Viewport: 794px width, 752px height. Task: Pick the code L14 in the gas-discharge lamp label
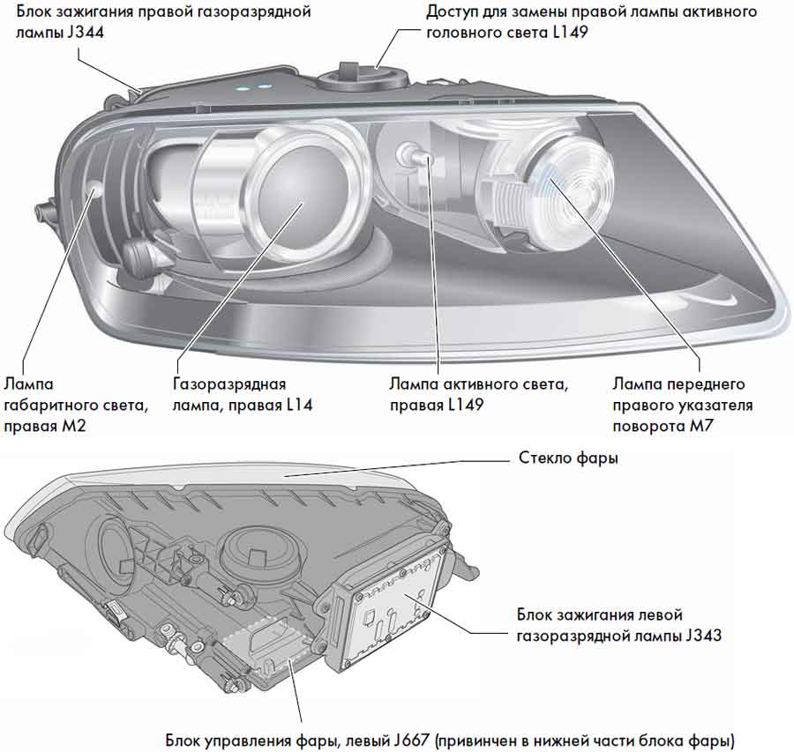[x=295, y=406]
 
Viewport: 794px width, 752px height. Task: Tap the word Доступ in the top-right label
[x=455, y=13]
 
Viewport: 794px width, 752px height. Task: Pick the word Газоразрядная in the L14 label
[x=229, y=385]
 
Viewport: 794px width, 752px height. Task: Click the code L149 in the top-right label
[x=569, y=33]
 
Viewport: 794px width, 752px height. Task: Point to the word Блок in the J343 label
[x=536, y=614]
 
